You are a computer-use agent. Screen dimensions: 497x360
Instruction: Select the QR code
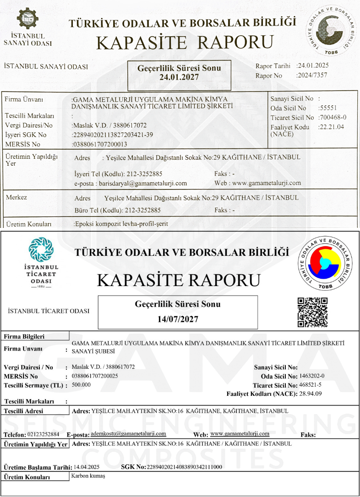tap(313, 312)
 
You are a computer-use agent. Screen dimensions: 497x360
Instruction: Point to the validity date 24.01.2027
tap(179, 77)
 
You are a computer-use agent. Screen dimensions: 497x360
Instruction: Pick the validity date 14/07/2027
tap(178, 319)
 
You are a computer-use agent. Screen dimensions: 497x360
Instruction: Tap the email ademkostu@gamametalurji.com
tap(129, 433)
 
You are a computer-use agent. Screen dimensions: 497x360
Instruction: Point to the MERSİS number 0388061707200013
tap(100, 144)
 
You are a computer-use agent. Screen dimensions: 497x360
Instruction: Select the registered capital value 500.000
tap(82, 384)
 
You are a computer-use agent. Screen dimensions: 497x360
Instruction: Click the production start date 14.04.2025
tap(87, 467)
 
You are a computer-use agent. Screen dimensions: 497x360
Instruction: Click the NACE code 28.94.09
tap(311, 394)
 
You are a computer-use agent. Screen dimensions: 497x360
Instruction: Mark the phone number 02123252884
tap(44, 434)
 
